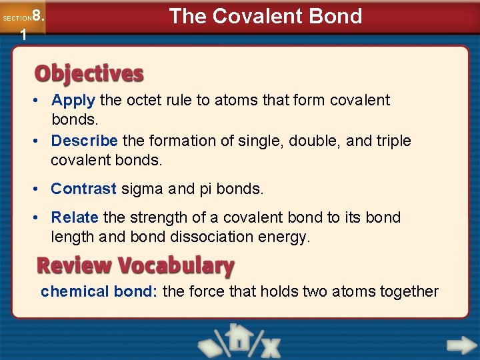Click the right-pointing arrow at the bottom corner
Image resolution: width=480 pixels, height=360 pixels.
(x=461, y=345)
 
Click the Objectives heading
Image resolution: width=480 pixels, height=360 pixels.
(x=89, y=73)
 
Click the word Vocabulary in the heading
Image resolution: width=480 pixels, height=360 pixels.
(x=176, y=266)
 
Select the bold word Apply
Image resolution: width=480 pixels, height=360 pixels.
(x=73, y=101)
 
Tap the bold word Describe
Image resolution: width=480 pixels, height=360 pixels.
(x=84, y=141)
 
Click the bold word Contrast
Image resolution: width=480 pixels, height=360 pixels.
(x=83, y=189)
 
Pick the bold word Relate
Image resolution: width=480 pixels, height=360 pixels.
(x=75, y=217)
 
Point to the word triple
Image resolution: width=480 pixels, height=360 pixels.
(x=393, y=141)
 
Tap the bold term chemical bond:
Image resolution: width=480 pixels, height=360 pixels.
(x=99, y=291)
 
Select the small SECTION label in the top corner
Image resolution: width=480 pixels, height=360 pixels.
(x=16, y=19)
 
